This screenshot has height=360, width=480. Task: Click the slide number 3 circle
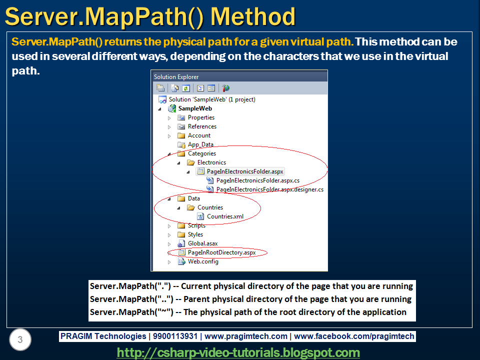coord(20,340)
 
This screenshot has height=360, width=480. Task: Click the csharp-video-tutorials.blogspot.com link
coord(238,352)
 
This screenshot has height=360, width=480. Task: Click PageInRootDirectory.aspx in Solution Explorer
coord(221,252)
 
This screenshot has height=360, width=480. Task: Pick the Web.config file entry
coord(203,261)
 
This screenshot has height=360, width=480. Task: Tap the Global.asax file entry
coord(202,243)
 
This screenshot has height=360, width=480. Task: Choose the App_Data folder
coord(200,144)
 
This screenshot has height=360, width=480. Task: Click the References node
coord(202,126)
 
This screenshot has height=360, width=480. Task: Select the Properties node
coord(201,117)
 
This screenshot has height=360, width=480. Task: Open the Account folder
coord(199,135)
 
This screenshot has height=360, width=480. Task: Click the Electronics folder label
coord(211,162)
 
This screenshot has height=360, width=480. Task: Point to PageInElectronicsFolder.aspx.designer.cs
coord(269,189)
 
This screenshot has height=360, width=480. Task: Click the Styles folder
coord(195,234)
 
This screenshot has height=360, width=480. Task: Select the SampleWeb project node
coord(195,108)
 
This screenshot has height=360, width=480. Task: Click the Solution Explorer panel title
coord(176,77)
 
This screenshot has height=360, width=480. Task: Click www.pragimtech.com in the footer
coord(246,336)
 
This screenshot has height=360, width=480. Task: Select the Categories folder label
coord(202,153)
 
